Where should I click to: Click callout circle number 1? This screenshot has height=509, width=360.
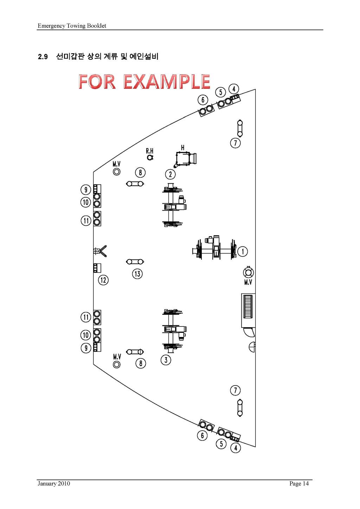[x=243, y=252]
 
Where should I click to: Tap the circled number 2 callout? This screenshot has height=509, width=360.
[x=171, y=174]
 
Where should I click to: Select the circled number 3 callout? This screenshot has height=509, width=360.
[x=166, y=360]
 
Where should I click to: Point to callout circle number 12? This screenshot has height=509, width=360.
[x=103, y=280]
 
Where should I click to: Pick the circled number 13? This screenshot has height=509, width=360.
[x=137, y=274]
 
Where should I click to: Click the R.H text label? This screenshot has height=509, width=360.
[x=149, y=151]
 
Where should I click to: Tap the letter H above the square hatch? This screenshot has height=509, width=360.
[x=182, y=148]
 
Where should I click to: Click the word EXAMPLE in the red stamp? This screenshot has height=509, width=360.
[x=167, y=81]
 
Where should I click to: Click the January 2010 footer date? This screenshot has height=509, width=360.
[x=54, y=483]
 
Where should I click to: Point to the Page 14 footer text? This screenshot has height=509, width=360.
[x=299, y=483]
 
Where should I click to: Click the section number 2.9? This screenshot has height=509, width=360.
[x=43, y=57]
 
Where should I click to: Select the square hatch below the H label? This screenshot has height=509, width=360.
[x=183, y=159]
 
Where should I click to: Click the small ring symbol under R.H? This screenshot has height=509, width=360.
[x=150, y=157]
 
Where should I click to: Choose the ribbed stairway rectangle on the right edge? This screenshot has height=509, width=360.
[x=249, y=310]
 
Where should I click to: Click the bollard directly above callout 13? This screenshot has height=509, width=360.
[x=135, y=262]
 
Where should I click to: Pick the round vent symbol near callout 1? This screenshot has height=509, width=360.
[x=248, y=272]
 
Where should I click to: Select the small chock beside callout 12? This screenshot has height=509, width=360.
[x=97, y=268]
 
